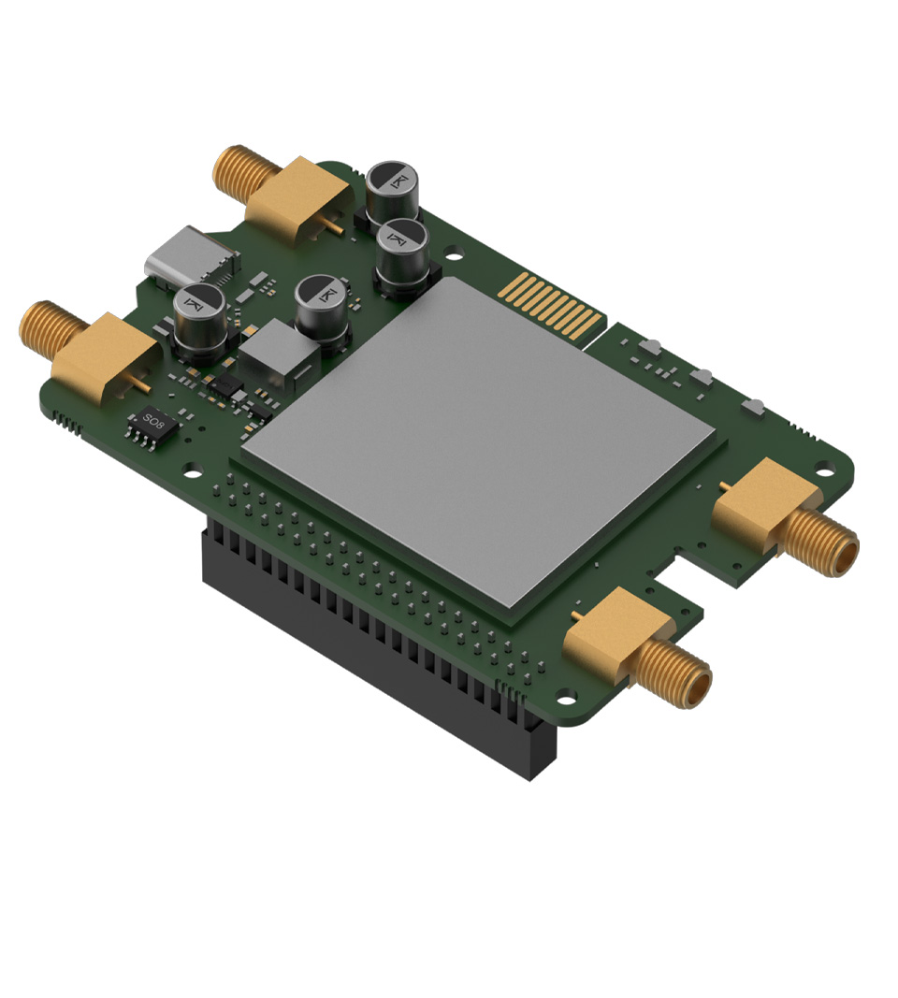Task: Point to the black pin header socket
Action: [x=374, y=655]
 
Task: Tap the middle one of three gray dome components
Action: [x=702, y=378]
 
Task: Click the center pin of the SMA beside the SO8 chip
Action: [x=142, y=384]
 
